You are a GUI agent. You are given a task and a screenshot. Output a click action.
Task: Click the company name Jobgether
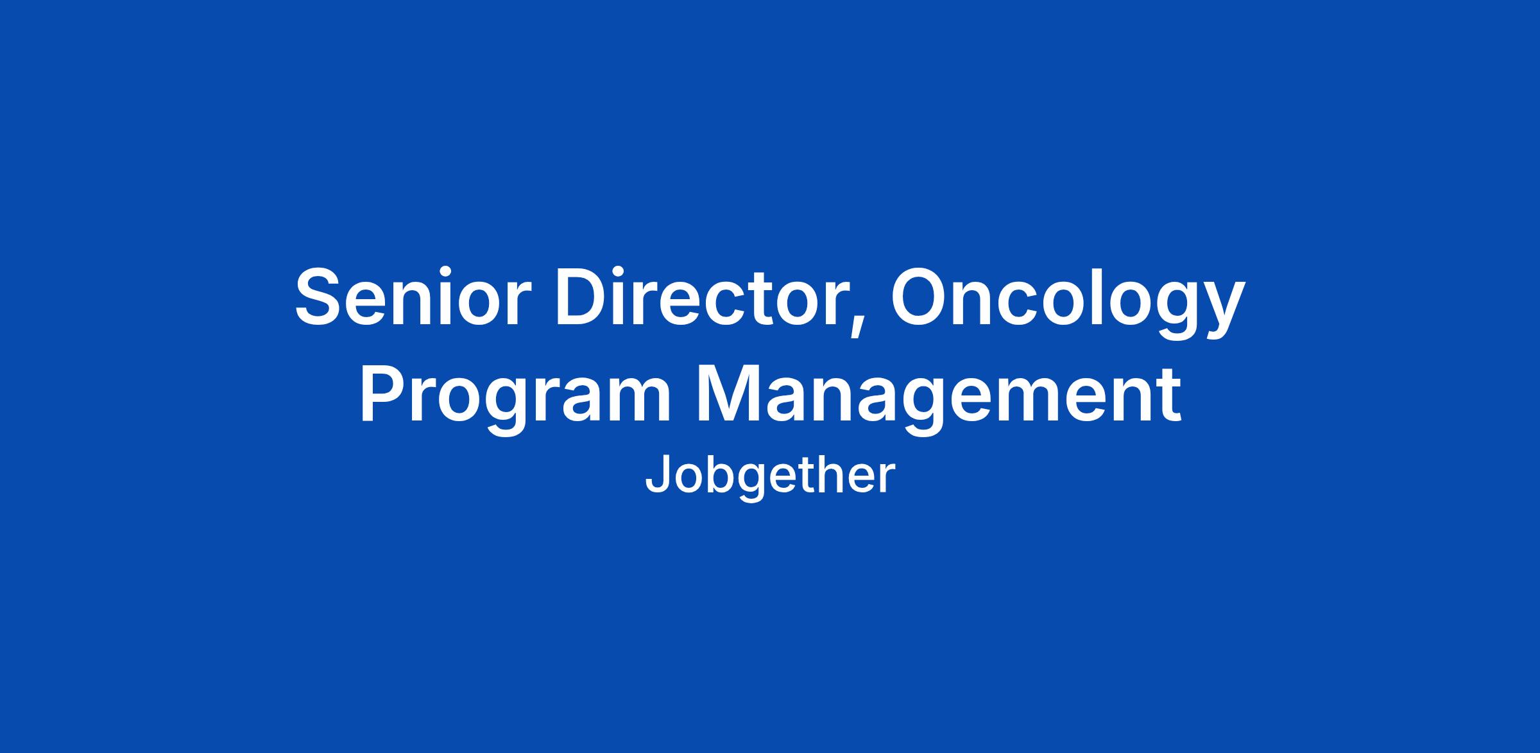pyautogui.click(x=769, y=476)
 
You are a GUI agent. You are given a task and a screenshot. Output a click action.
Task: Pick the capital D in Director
pyautogui.click(x=583, y=297)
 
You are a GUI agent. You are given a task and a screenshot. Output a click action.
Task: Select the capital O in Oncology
pyautogui.click(x=921, y=297)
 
